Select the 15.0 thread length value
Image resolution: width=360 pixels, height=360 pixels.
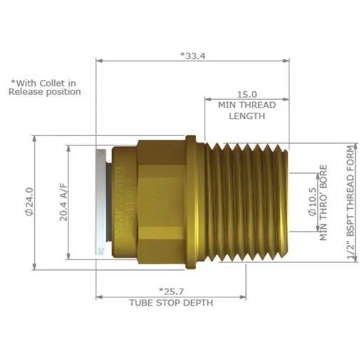click(247, 93)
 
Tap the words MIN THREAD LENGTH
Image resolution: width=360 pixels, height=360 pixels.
click(247, 109)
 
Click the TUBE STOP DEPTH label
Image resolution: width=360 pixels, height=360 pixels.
click(170, 302)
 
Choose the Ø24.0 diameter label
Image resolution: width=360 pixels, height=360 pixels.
click(29, 201)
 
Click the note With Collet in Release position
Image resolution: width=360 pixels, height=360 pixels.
click(45, 87)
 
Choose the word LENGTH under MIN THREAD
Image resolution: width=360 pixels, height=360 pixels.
click(247, 115)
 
